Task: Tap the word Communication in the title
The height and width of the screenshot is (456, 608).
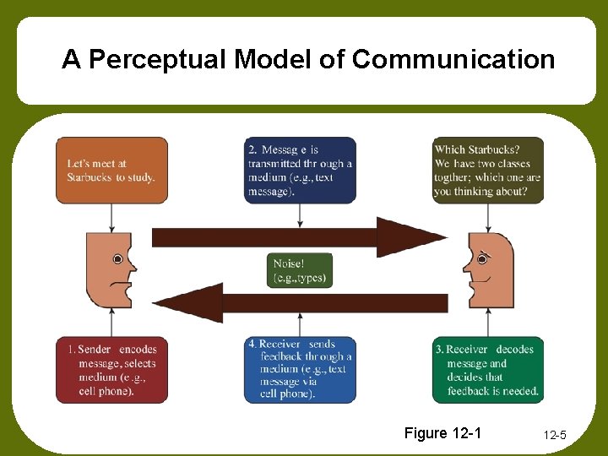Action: pyautogui.click(x=453, y=60)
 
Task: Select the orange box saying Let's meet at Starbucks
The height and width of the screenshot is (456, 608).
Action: pyautogui.click(x=111, y=171)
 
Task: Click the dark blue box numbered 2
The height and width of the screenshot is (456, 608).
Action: pyautogui.click(x=300, y=171)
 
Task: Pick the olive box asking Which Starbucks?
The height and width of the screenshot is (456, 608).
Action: pyautogui.click(x=488, y=171)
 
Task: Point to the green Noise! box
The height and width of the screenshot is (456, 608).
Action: pyautogui.click(x=300, y=271)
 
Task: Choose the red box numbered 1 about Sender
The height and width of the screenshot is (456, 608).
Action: pyautogui.click(x=111, y=369)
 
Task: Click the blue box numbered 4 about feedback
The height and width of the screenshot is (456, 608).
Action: pyautogui.click(x=300, y=369)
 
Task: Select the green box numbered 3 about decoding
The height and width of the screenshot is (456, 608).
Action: pyautogui.click(x=488, y=369)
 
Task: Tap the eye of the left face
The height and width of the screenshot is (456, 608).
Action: pyautogui.click(x=118, y=258)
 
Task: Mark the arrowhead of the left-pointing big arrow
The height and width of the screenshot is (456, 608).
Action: pyautogui.click(x=190, y=302)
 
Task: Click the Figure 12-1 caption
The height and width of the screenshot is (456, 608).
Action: pyautogui.click(x=442, y=433)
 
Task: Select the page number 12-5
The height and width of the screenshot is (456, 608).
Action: pyautogui.click(x=555, y=436)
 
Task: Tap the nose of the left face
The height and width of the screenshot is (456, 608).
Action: pyautogui.click(x=132, y=268)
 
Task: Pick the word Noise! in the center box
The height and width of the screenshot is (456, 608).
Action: pyautogui.click(x=290, y=264)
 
